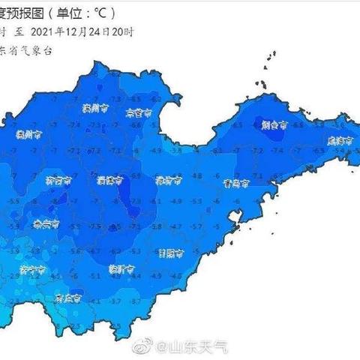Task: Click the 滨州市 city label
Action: (x=91, y=108)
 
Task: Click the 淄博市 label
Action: (x=110, y=179)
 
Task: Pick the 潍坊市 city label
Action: (x=167, y=180)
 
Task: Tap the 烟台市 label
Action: (x=273, y=128)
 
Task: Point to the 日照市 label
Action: (x=171, y=252)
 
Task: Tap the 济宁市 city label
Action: (x=33, y=268)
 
